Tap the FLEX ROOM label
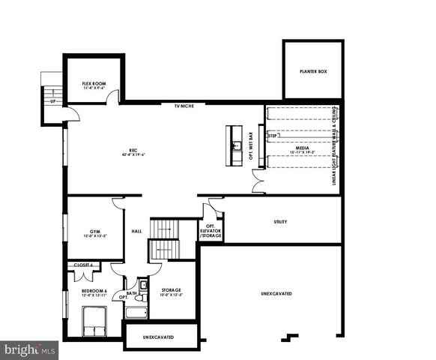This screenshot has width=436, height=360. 96,85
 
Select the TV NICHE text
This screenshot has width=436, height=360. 184,106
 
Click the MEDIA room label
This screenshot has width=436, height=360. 302,150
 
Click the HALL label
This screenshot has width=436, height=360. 136,231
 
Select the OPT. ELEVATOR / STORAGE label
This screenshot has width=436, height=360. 211,231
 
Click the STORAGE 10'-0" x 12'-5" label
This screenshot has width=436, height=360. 171,292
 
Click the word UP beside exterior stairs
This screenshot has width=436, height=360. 52,100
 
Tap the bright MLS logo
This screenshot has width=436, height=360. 30,349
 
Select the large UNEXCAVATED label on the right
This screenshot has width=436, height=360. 276,293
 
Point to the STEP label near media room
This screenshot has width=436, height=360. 272,136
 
